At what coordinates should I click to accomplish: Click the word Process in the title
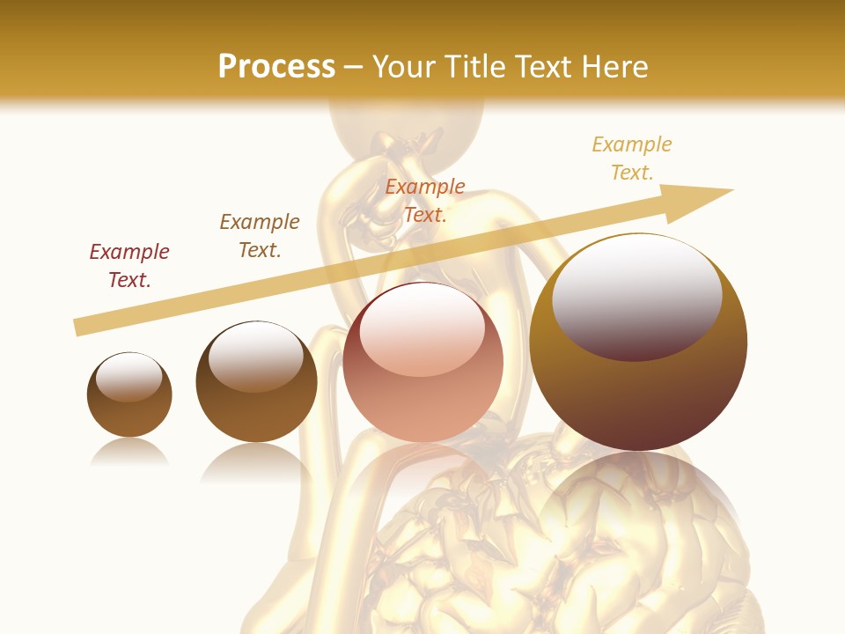(276, 67)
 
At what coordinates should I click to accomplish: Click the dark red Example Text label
(129, 266)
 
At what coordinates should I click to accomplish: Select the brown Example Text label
(260, 236)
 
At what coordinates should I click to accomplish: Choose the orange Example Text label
(425, 201)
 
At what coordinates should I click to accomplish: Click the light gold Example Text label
(632, 158)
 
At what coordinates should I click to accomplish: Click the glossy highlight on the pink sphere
(422, 328)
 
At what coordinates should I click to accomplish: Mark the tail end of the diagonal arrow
(79, 327)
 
